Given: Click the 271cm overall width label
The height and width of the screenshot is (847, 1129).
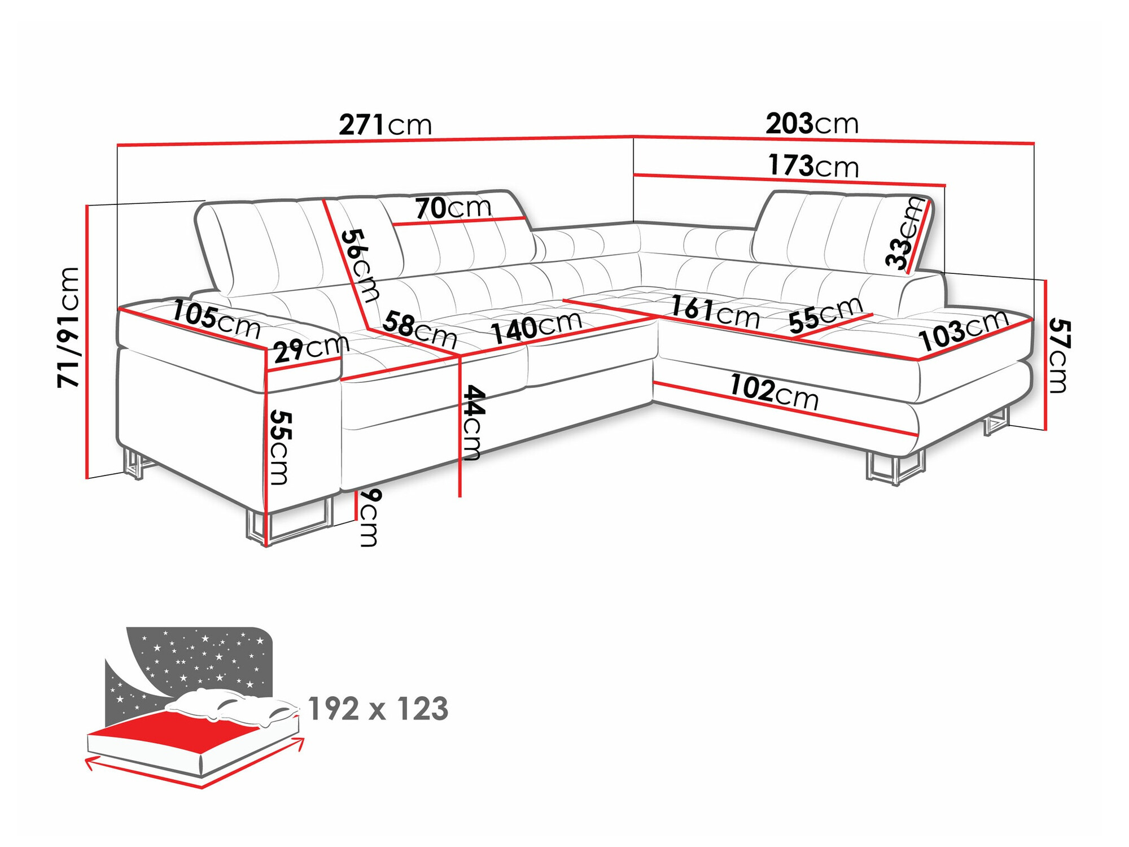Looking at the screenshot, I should pyautogui.click(x=385, y=125).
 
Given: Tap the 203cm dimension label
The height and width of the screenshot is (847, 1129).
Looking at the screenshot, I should pyautogui.click(x=812, y=124).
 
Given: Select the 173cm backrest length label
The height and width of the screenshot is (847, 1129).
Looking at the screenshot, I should pyautogui.click(x=813, y=166).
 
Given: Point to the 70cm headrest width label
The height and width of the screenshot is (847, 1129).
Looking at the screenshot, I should pyautogui.click(x=453, y=208).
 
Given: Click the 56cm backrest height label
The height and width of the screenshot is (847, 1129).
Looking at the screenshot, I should pyautogui.click(x=361, y=264).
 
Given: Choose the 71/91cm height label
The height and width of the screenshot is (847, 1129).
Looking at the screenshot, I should pyautogui.click(x=69, y=327).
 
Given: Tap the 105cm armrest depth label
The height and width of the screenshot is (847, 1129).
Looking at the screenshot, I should pyautogui.click(x=216, y=320).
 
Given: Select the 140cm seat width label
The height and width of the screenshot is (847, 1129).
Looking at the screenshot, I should pyautogui.click(x=536, y=327).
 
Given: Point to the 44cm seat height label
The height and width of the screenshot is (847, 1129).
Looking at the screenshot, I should pyautogui.click(x=472, y=422).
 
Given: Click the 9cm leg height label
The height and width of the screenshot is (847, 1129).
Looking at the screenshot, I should pyautogui.click(x=370, y=517).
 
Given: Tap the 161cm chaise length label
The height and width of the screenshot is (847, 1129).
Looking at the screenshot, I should pyautogui.click(x=715, y=312).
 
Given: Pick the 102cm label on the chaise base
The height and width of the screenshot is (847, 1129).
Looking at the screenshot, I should pyautogui.click(x=773, y=391).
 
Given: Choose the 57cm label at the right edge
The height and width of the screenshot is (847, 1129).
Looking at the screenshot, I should pyautogui.click(x=1059, y=355).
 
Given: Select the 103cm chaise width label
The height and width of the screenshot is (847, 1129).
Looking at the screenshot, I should pyautogui.click(x=963, y=331).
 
